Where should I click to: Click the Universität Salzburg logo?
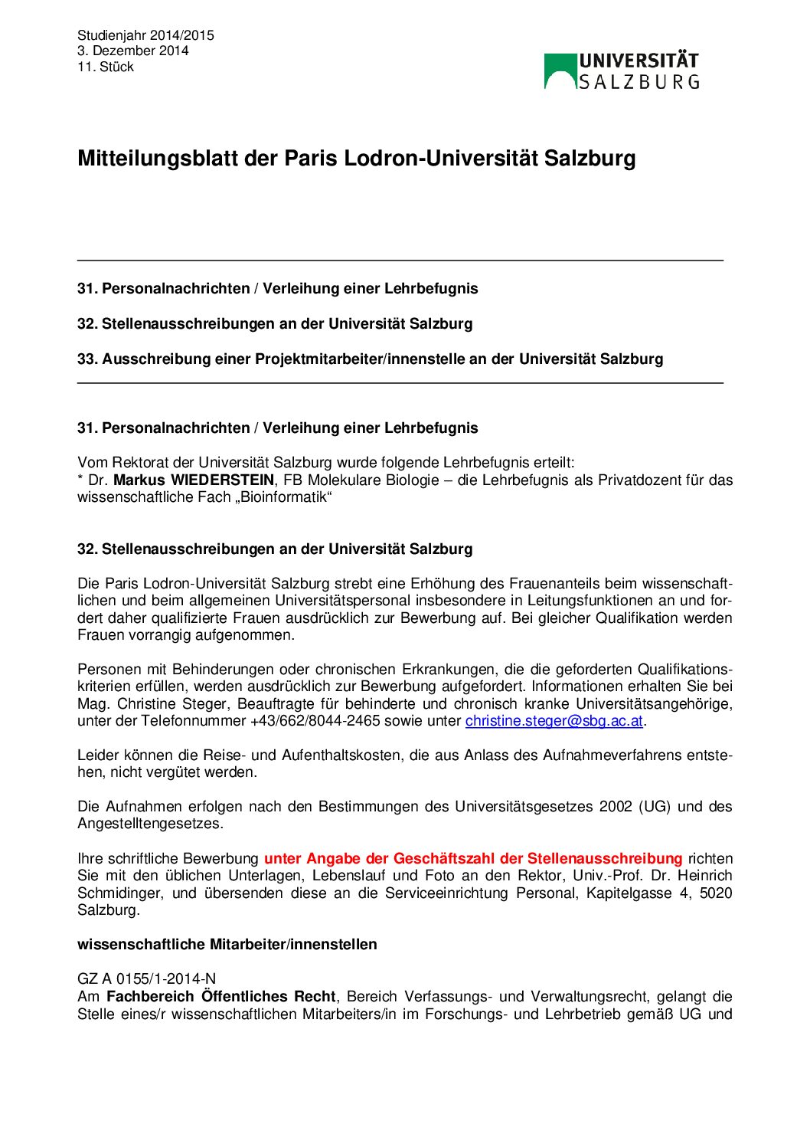(x=621, y=70)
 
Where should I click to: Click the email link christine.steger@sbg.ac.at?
(x=554, y=721)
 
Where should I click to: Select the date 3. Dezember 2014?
(x=132, y=51)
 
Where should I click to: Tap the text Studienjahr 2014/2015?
(x=145, y=35)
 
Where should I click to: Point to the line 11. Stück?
(x=106, y=67)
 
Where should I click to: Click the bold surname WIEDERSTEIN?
(x=222, y=480)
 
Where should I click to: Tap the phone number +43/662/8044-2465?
(x=315, y=721)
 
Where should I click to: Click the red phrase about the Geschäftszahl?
(x=472, y=858)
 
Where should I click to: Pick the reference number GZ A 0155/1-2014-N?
(x=146, y=978)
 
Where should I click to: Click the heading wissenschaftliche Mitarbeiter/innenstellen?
(x=227, y=944)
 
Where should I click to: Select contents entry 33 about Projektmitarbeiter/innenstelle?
(x=370, y=359)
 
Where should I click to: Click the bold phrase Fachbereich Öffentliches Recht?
(x=220, y=996)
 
